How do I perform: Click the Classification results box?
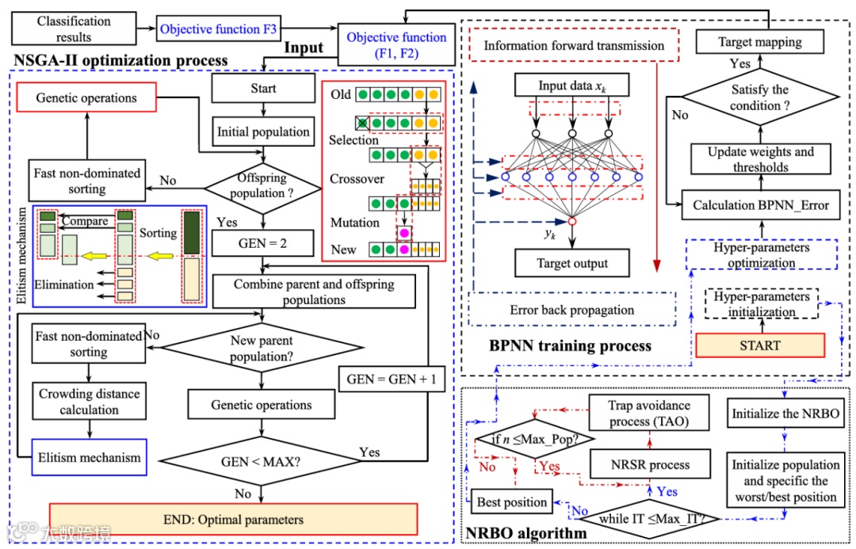[x=75, y=29]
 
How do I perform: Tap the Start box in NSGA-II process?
[x=263, y=89]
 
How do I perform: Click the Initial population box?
[x=263, y=132]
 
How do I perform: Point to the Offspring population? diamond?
[x=263, y=187]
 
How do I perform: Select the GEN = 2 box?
[x=263, y=244]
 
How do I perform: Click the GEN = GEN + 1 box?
[x=392, y=379]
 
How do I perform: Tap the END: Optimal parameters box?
[x=233, y=520]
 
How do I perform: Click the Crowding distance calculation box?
[x=89, y=402]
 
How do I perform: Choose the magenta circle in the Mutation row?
[x=404, y=232]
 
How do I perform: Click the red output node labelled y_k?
[x=571, y=222]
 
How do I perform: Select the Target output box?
[x=571, y=263]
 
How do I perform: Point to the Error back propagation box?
[x=571, y=310]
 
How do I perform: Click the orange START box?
[x=760, y=345]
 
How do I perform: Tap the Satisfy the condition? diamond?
[x=760, y=97]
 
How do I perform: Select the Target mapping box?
[x=760, y=41]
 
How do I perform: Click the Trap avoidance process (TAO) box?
[x=650, y=414]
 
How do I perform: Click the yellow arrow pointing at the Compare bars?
[x=95, y=256]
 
